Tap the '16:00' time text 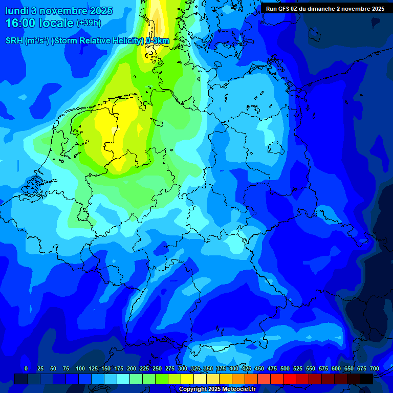point(20,23)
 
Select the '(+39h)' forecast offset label point(89,23)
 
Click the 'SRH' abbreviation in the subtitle point(14,41)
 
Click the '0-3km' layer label point(158,41)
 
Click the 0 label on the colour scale point(26,368)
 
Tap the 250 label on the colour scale point(157,368)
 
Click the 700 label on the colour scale point(375,368)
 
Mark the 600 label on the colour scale point(336,368)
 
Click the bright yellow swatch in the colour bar point(187,379)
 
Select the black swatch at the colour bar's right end point(366,379)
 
